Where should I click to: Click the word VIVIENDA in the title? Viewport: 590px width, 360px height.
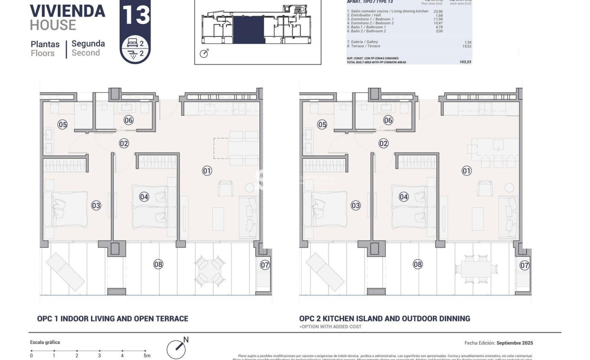click(x=67, y=10)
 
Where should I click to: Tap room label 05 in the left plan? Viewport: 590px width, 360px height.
click(x=62, y=124)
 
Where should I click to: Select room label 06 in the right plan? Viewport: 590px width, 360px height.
click(x=388, y=120)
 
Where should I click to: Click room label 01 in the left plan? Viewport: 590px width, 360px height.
click(x=207, y=171)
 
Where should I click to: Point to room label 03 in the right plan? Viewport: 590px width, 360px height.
click(x=356, y=206)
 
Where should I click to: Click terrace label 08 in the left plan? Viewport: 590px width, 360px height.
click(x=158, y=264)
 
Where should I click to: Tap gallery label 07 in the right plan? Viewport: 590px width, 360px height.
click(x=524, y=265)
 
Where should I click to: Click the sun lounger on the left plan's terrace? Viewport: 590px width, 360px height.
click(x=66, y=272)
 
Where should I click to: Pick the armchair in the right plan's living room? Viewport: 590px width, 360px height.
click(x=485, y=188)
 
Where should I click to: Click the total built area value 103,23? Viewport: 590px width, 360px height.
click(x=465, y=62)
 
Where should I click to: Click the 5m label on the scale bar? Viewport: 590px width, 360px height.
click(x=146, y=356)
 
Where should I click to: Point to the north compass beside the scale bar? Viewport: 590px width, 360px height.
click(x=176, y=348)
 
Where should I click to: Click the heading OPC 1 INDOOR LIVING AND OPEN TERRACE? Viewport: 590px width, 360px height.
click(x=113, y=319)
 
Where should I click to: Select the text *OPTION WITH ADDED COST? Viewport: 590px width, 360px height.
click(x=330, y=327)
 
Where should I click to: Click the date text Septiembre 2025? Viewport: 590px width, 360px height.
click(x=515, y=343)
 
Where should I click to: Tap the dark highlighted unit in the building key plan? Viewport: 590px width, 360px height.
click(x=248, y=30)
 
